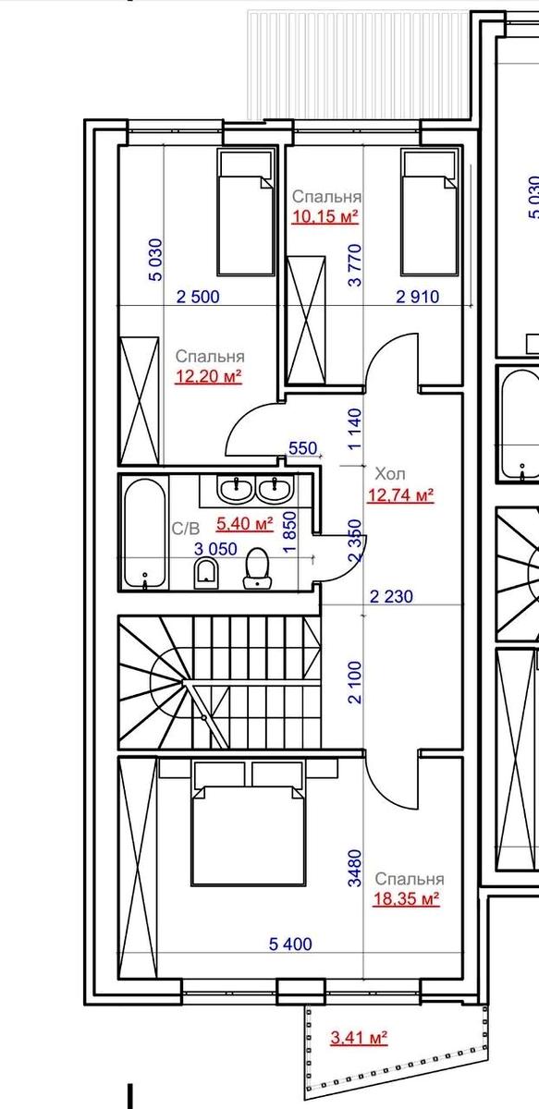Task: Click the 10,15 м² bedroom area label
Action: click(325, 216)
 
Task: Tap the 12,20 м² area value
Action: click(209, 377)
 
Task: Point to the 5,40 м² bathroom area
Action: click(245, 523)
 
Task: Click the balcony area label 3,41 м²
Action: click(359, 1037)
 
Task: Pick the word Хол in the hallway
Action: click(390, 474)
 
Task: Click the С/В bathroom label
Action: click(186, 529)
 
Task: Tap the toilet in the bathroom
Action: click(257, 567)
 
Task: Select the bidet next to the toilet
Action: click(205, 573)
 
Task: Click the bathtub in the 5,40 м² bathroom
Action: click(143, 536)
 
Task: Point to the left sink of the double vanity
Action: click(236, 489)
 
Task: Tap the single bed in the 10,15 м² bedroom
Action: click(429, 213)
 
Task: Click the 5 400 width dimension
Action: click(291, 944)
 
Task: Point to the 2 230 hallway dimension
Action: click(391, 597)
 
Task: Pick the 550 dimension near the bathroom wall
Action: click(302, 448)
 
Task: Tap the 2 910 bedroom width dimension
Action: click(418, 297)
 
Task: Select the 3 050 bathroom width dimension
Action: click(215, 549)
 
